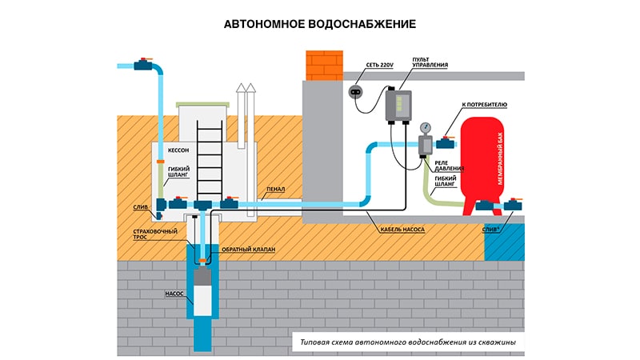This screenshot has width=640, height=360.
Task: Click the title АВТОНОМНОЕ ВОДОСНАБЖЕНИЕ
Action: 319,24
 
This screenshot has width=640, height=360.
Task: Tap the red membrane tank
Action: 488,164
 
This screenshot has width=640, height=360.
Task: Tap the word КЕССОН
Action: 179,150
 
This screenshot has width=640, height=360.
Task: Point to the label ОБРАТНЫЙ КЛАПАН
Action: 247,250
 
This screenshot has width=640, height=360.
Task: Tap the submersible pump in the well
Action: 204,292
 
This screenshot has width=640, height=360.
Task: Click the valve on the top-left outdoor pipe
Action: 144,63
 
